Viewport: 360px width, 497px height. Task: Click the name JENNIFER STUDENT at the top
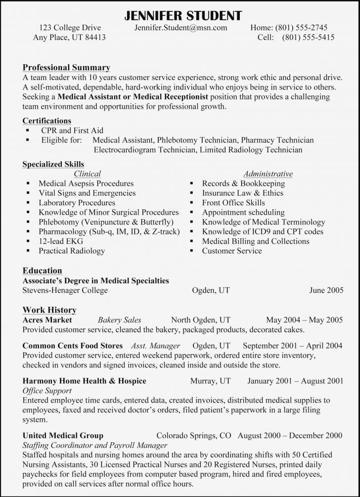[180, 15]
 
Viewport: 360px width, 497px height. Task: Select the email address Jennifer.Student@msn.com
[180, 28]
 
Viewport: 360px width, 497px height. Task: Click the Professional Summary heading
[66, 67]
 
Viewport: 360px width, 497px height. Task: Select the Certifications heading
[47, 121]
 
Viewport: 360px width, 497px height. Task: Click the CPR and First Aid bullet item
[72, 131]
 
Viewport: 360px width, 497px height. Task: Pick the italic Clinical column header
[87, 174]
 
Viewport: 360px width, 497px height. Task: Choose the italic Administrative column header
[268, 174]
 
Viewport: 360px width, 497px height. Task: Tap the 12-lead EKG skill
[61, 241]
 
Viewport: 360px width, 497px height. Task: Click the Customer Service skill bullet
[232, 251]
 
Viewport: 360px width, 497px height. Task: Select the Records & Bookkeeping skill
[243, 183]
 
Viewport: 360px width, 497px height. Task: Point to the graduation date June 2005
[326, 290]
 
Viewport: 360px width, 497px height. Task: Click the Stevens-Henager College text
[65, 290]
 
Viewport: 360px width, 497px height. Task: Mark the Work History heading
[49, 310]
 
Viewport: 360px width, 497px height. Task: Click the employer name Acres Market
[47, 320]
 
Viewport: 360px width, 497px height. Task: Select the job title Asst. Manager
[155, 346]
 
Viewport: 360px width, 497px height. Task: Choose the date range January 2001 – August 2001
[295, 381]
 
